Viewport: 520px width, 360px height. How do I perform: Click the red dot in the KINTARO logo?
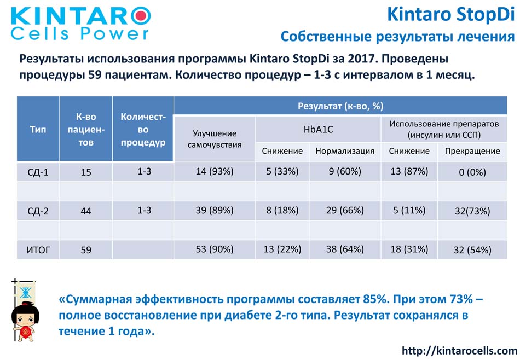142,15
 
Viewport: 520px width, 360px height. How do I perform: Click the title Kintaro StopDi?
450,15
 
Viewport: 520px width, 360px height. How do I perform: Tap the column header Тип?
38,129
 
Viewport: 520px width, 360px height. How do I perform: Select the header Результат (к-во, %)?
340,106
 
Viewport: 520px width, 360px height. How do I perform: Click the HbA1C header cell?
318,129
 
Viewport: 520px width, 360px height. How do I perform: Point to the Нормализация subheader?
345,151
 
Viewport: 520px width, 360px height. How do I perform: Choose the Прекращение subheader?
472,151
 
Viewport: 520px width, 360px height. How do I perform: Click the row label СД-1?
38,172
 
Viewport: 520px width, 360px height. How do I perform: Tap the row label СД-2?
38,211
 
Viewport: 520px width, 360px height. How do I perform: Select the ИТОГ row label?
38,249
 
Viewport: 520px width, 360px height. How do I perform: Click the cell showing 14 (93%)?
215,171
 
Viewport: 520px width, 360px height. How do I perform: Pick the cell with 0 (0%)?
472,172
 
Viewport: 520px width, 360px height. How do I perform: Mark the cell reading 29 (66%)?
345,210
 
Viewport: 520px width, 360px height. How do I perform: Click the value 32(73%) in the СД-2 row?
472,211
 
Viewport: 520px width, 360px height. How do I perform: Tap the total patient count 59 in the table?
86,250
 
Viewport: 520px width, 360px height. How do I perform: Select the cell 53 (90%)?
215,249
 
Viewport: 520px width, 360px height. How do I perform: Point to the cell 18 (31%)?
409,249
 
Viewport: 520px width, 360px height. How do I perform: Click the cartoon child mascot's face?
25,319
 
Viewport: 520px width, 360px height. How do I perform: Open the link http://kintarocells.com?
459,350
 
